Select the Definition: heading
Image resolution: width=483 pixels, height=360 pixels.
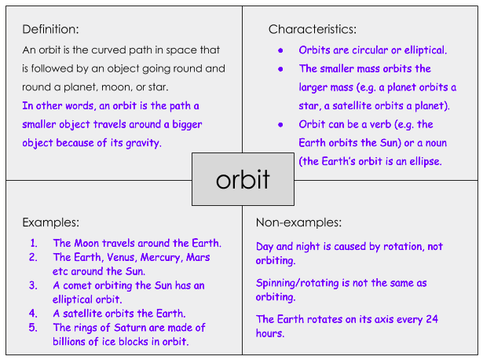click(50, 30)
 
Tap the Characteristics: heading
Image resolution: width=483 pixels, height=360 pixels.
click(312, 30)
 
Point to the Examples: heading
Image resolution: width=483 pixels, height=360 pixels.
click(50, 222)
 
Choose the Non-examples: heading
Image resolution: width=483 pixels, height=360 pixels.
click(299, 222)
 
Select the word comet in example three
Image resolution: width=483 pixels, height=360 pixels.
click(76, 285)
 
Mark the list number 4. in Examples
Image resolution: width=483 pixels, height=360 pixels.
click(34, 314)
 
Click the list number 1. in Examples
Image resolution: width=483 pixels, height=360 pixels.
click(34, 243)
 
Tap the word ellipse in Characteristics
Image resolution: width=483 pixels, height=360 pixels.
click(423, 161)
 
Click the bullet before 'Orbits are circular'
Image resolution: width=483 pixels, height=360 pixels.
click(280, 50)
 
